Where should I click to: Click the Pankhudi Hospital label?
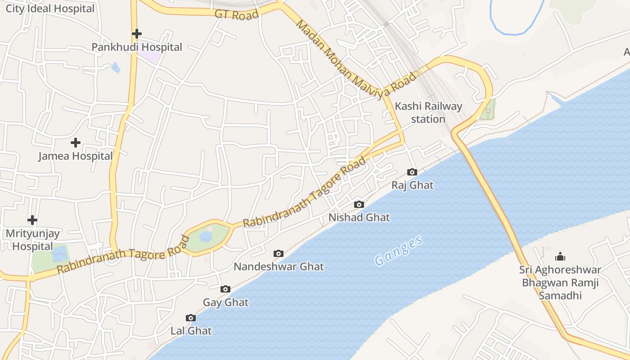pyautogui.click(x=137, y=47)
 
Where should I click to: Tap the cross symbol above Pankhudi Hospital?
pyautogui.click(x=137, y=34)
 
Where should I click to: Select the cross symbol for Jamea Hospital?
pyautogui.click(x=76, y=143)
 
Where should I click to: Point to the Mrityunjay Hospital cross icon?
pyautogui.click(x=32, y=220)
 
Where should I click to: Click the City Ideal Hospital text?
pyautogui.click(x=50, y=9)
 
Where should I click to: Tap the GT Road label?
pyautogui.click(x=237, y=14)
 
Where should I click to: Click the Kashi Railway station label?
pyautogui.click(x=428, y=112)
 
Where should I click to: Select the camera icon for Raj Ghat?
pyautogui.click(x=412, y=172)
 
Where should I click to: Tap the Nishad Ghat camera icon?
pyautogui.click(x=359, y=204)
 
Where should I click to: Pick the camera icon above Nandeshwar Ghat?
pyautogui.click(x=279, y=253)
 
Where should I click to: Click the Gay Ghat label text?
pyautogui.click(x=225, y=302)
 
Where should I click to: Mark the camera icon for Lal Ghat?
pyautogui.click(x=191, y=318)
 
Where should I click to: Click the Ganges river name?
pyautogui.click(x=399, y=251)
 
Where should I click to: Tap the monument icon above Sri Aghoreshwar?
pyautogui.click(x=560, y=256)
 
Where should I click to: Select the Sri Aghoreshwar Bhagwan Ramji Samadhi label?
pyautogui.click(x=560, y=283)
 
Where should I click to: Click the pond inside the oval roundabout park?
pyautogui.click(x=206, y=236)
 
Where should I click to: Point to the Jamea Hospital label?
pyautogui.click(x=76, y=156)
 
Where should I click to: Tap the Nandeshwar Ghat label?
pyautogui.click(x=279, y=266)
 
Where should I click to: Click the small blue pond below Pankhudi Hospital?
pyautogui.click(x=116, y=68)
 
